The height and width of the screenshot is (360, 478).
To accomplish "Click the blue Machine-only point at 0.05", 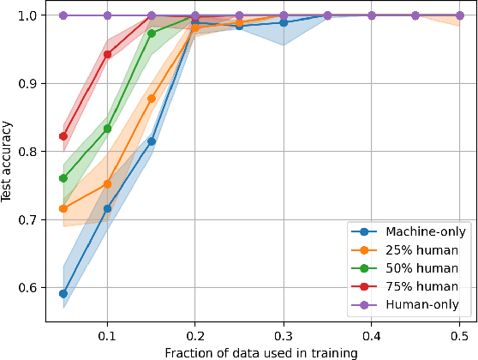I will pyautogui.click(x=63, y=293).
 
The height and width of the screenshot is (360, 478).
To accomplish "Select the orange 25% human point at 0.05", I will pyautogui.click(x=63, y=208).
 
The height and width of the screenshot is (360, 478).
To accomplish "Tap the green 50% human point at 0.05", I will pyautogui.click(x=63, y=178).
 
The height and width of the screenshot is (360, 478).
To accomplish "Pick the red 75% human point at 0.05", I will pyautogui.click(x=63, y=136).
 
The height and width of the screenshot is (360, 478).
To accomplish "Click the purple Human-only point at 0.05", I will pyautogui.click(x=63, y=15).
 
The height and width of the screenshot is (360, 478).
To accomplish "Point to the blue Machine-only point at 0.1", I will pyautogui.click(x=107, y=208).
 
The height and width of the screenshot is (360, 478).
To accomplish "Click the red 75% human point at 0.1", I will pyautogui.click(x=107, y=54).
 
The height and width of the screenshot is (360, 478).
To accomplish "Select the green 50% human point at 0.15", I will pyautogui.click(x=152, y=33).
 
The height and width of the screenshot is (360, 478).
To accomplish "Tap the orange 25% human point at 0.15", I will pyautogui.click(x=152, y=99).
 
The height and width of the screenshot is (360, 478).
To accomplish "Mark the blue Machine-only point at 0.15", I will pyautogui.click(x=152, y=141).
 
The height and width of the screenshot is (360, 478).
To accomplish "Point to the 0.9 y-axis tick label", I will pyautogui.click(x=30, y=83).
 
